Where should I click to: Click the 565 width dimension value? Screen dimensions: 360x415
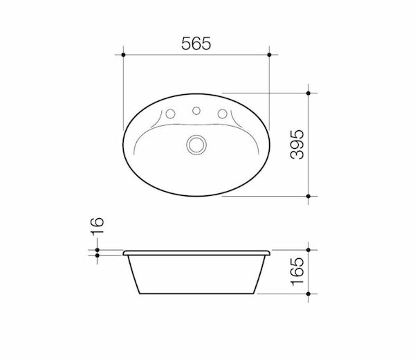click(196, 42)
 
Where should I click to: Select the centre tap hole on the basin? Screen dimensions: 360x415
click(196, 109)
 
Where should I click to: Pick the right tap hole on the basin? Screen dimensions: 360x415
click(222, 114)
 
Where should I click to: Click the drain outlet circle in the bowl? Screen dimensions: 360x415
click(196, 144)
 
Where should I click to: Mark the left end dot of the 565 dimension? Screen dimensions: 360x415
click(123, 53)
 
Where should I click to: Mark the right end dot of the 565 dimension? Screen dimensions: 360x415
click(270, 53)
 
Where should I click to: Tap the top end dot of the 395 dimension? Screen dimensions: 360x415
click(308, 92)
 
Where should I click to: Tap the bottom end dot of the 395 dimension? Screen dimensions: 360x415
click(308, 196)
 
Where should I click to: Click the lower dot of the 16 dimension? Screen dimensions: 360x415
click(98, 255)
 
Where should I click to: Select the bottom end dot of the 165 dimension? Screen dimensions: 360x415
click(308, 292)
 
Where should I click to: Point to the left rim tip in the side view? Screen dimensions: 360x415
click(124, 252)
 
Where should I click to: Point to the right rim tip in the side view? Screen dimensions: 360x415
click(270, 252)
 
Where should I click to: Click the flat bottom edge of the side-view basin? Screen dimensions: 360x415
click(196, 292)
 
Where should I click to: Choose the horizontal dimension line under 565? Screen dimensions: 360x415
click(196, 53)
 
